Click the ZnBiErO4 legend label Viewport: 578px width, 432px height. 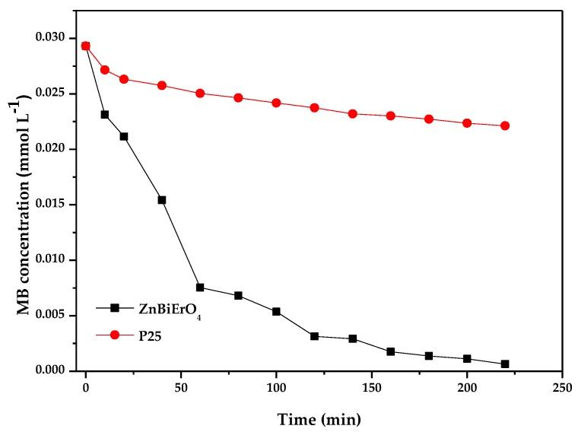[167, 308]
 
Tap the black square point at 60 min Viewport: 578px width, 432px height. [200, 287]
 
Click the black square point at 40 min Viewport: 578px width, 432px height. [162, 200]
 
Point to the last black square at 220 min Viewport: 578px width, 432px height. [505, 364]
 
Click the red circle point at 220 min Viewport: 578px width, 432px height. [505, 125]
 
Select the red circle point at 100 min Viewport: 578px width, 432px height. [276, 103]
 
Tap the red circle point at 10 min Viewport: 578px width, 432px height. [105, 70]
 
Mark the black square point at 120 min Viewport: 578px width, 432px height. [314, 336]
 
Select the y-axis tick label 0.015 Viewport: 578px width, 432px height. [62, 205]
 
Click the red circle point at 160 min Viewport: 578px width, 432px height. [391, 116]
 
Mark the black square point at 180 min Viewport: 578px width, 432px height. [429, 356]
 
